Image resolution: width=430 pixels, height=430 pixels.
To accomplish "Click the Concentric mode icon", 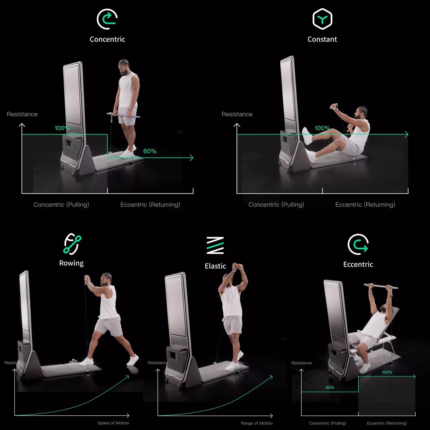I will (x=107, y=19).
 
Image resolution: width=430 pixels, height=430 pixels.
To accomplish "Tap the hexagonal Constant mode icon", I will (x=322, y=19).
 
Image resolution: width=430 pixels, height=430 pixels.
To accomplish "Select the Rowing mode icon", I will (x=72, y=244).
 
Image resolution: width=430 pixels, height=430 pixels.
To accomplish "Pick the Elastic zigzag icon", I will (x=215, y=246).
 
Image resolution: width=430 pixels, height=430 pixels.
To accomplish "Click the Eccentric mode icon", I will (x=358, y=244).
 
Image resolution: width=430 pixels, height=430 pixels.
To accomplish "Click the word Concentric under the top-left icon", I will (x=107, y=39).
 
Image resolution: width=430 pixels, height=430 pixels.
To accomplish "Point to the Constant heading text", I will (x=322, y=39).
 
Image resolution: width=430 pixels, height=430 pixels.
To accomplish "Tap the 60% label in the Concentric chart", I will (x=150, y=151).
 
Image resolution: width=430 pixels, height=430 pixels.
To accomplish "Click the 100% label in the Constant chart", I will (x=322, y=128).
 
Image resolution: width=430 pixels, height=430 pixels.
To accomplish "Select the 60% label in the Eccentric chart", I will (x=330, y=387).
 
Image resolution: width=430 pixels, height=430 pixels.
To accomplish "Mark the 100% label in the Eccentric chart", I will (x=387, y=372).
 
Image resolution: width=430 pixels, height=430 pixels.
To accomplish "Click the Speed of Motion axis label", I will (x=113, y=423).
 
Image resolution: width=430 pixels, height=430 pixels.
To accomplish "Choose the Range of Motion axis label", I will (x=257, y=423).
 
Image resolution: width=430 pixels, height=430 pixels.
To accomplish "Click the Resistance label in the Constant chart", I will (x=237, y=114).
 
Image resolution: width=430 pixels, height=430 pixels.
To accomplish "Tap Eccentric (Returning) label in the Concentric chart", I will (x=150, y=205).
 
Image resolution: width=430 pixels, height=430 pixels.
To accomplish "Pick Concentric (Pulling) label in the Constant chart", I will (x=276, y=205).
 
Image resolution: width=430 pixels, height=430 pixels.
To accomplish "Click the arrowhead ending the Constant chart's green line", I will (x=406, y=135).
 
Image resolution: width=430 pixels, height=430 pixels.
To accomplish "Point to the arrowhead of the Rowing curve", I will (x=127, y=377).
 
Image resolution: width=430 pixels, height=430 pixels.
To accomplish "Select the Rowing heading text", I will (x=71, y=263).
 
